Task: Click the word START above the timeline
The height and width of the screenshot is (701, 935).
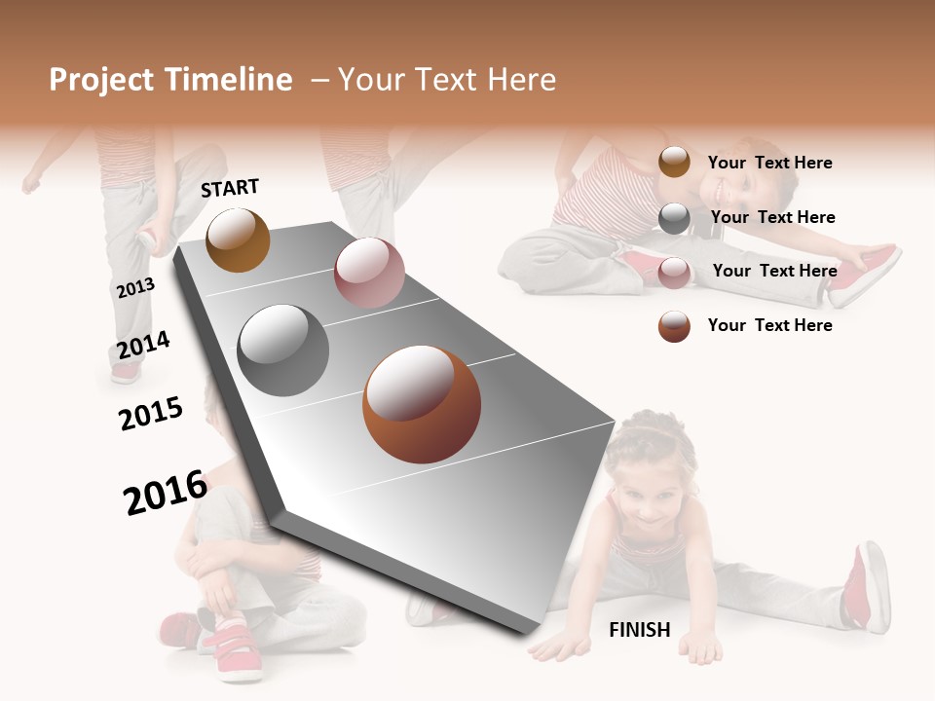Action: (230, 188)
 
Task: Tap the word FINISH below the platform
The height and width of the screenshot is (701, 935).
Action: (639, 630)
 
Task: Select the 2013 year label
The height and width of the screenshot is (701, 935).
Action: (135, 288)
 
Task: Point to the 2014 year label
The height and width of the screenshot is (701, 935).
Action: (143, 345)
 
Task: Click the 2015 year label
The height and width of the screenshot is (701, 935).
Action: (151, 414)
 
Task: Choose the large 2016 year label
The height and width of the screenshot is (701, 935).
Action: (166, 493)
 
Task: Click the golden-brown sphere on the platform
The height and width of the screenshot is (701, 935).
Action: (238, 240)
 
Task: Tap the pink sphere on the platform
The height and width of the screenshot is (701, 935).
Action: (369, 273)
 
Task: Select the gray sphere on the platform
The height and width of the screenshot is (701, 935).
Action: (283, 350)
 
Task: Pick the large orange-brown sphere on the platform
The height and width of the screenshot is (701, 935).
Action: (422, 404)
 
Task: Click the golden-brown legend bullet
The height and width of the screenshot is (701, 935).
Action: (674, 163)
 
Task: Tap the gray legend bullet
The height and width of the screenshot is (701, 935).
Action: (674, 217)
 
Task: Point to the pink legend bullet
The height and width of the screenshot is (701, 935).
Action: (674, 272)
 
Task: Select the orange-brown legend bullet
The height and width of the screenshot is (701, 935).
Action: (674, 326)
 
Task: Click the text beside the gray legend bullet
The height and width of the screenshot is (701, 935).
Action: (772, 217)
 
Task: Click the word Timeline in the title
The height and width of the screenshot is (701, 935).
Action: (230, 80)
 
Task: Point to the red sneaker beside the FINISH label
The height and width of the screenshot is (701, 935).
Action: (866, 587)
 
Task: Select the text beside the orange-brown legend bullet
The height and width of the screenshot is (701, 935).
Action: (769, 325)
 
